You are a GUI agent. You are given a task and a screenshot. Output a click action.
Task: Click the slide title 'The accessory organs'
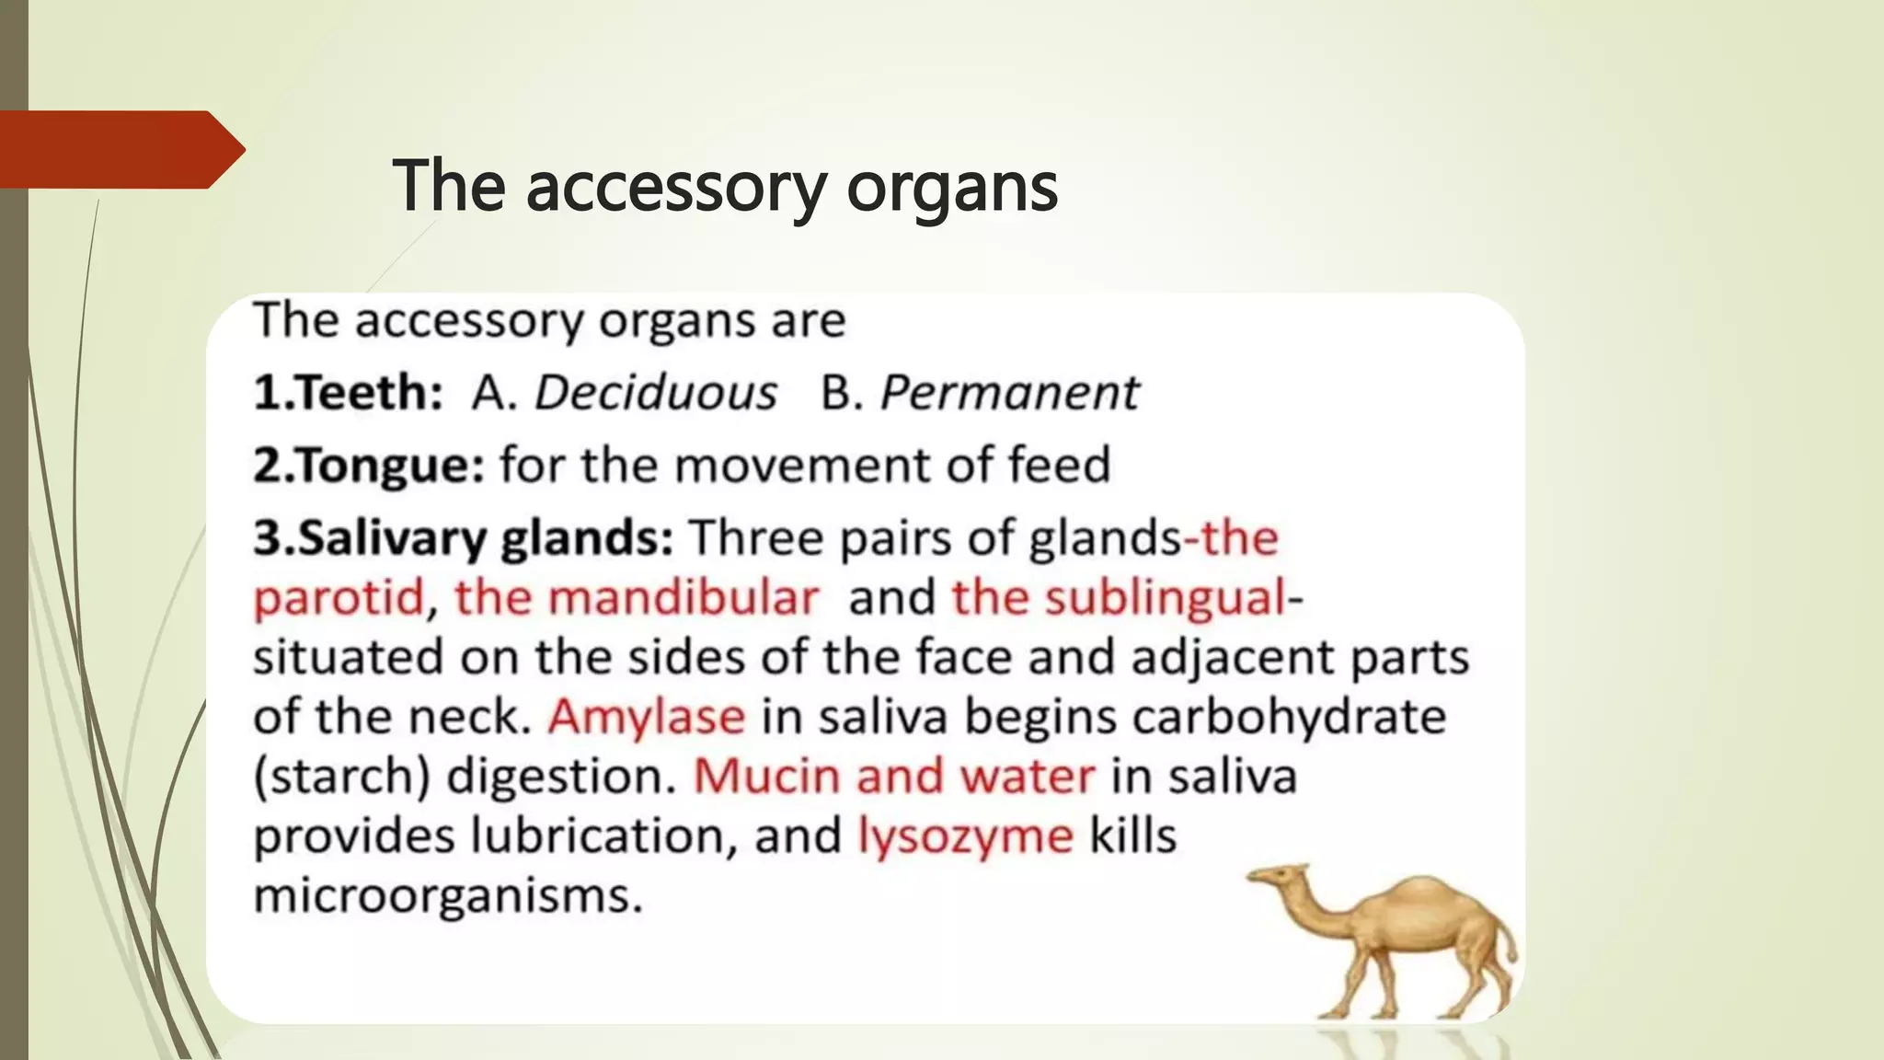[x=725, y=187]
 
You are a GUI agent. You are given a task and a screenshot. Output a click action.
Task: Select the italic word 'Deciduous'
[x=656, y=393]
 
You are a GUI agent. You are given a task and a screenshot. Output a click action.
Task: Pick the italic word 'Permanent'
[x=1009, y=393]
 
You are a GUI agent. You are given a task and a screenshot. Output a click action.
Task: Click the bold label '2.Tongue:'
[x=368, y=465]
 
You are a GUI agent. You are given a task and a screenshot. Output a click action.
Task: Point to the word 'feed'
[x=1059, y=465]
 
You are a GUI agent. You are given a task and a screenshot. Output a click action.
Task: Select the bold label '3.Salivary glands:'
[x=464, y=538]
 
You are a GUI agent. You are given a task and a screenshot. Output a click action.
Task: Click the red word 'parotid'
[x=338, y=598]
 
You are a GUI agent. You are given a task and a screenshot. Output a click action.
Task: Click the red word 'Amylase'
[x=646, y=717]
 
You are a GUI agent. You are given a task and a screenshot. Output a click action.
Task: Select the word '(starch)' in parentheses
[x=342, y=777]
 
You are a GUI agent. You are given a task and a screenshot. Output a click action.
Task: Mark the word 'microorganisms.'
[x=447, y=895]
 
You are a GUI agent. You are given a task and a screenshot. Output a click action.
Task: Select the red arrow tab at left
[x=120, y=149]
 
